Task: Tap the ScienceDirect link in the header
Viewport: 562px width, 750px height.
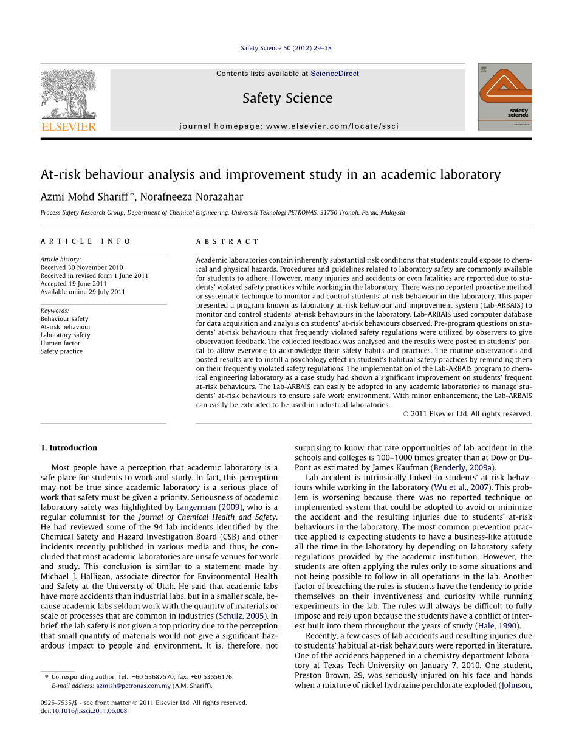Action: [335, 74]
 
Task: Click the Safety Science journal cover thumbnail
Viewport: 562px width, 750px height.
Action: [504, 97]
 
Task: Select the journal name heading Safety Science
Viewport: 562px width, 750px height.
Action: [287, 98]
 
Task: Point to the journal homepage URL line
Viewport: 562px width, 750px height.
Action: [289, 126]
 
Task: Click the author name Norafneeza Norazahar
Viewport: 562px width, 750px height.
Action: [191, 197]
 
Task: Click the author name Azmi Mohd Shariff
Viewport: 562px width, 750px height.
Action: [84, 197]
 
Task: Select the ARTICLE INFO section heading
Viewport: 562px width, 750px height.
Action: [86, 241]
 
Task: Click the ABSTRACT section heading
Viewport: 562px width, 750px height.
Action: [227, 241]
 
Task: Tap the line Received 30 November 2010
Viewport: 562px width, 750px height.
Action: [81, 267]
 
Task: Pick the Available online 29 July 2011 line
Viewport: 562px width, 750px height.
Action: [83, 292]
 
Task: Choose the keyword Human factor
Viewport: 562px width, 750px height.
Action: [60, 343]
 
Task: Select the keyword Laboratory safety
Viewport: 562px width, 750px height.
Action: [65, 335]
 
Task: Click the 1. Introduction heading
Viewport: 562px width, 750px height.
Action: [69, 448]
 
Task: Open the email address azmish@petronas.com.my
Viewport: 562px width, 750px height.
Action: [133, 686]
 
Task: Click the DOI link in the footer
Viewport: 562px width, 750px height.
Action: [89, 710]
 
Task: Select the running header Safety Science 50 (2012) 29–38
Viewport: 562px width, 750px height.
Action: [286, 48]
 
